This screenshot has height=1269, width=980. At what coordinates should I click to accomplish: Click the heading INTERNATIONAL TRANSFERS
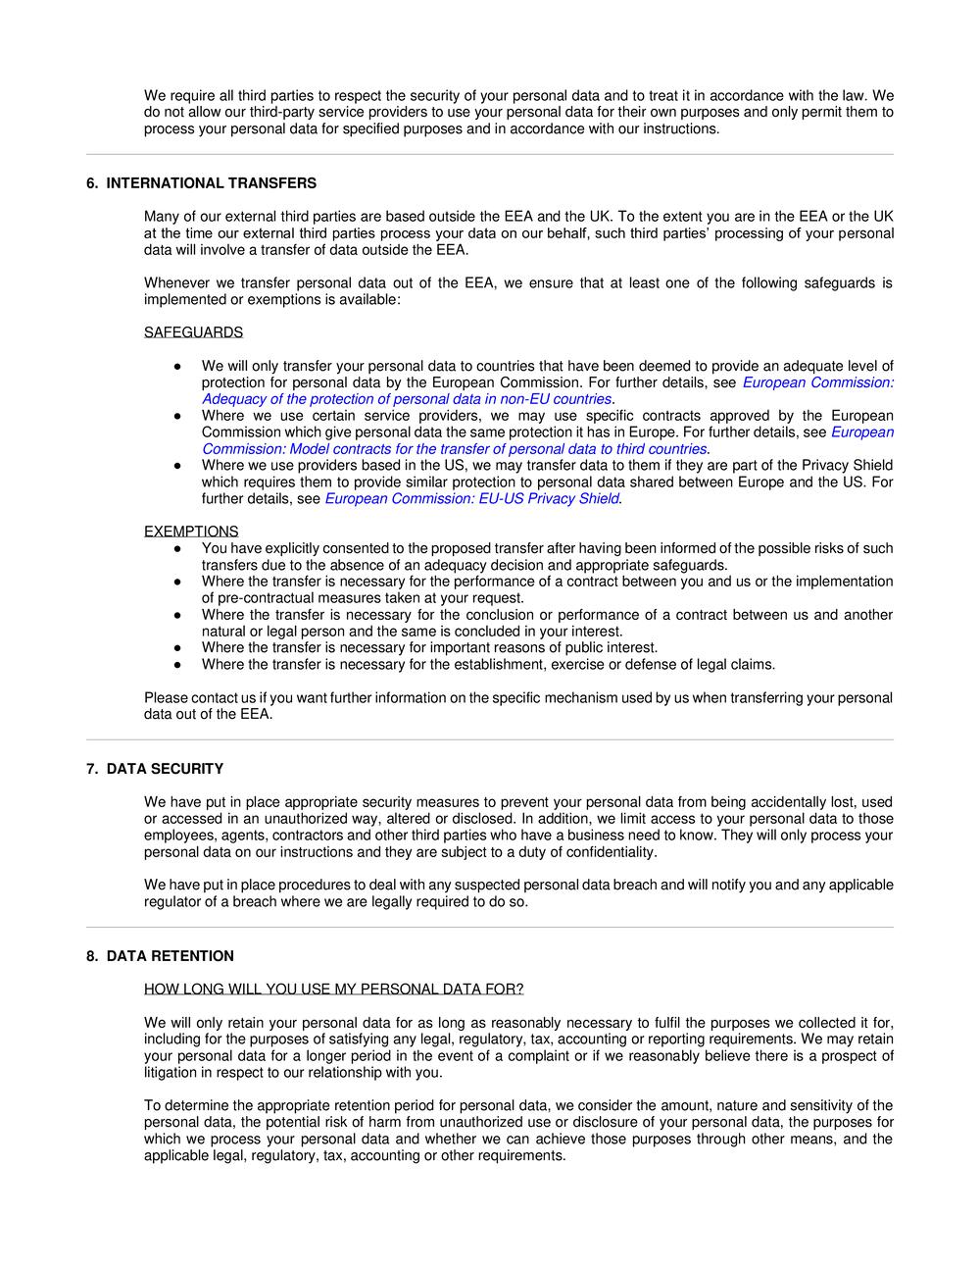tap(211, 183)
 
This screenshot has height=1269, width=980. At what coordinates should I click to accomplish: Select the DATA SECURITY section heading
tap(165, 769)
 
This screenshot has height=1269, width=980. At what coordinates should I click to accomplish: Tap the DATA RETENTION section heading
tap(171, 956)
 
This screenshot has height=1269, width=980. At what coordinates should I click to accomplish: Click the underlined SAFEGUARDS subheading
tap(193, 332)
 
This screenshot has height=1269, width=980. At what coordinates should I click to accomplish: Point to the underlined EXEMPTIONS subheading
tap(191, 532)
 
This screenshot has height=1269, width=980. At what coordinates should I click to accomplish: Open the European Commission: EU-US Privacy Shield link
tap(472, 498)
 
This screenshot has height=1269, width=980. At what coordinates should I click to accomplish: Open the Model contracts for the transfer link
tap(455, 449)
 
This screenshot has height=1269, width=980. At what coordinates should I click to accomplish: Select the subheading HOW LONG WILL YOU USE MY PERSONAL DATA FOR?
tap(333, 989)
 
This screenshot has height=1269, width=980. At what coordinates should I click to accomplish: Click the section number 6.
tap(91, 183)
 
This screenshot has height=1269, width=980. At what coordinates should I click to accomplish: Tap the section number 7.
tap(91, 769)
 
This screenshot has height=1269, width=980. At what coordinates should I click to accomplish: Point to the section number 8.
tap(91, 956)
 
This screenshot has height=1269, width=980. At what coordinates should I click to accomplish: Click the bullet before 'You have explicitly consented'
tap(177, 549)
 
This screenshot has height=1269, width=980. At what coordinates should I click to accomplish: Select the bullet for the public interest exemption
tap(177, 648)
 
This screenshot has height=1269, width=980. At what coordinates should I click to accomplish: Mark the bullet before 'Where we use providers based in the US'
tap(177, 466)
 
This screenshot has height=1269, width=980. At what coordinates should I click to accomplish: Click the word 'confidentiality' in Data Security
tap(610, 852)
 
